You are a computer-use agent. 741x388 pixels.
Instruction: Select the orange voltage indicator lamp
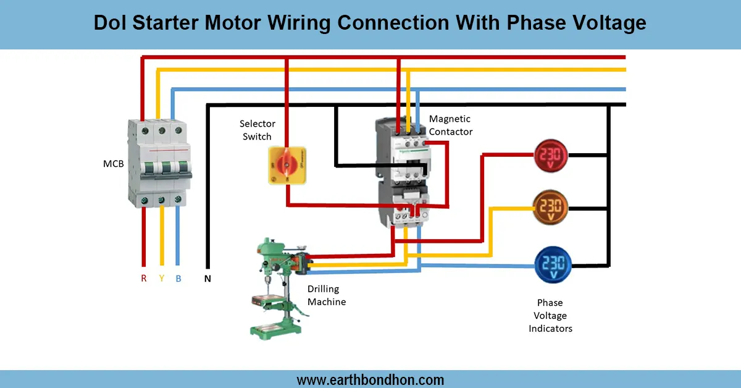point(550,208)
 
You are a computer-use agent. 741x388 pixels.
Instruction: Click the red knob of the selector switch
point(287,164)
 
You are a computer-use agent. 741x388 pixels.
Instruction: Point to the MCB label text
point(113,164)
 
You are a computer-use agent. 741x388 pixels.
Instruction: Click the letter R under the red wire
point(143,279)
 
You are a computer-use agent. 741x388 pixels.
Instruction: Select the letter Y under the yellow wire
point(162,279)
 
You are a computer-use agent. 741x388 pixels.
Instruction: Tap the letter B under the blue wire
point(178,279)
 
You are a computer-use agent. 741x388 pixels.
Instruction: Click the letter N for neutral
point(207,279)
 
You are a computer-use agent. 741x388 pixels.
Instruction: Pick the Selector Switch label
point(257,130)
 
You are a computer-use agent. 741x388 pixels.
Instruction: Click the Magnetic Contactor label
point(450,125)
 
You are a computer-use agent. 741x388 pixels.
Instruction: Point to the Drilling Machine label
point(326,295)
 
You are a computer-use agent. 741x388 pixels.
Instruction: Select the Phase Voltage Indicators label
point(550,316)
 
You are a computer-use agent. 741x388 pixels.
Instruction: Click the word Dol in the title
point(109,23)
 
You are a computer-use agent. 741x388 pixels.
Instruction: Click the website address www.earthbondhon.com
point(371,379)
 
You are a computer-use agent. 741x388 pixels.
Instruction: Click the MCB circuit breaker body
point(159,162)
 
